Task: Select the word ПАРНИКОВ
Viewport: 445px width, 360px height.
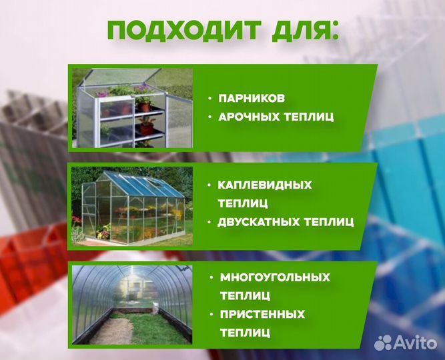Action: click(x=252, y=98)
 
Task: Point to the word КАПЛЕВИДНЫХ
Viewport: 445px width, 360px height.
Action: click(x=265, y=185)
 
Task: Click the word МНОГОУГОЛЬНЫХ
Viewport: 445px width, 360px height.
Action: click(x=274, y=277)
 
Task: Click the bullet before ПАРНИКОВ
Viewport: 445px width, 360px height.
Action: click(x=209, y=99)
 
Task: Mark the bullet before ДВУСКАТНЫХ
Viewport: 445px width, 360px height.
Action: click(x=209, y=221)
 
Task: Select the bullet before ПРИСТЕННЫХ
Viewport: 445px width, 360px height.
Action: click(x=211, y=314)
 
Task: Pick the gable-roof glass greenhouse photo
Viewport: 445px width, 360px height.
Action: click(x=132, y=203)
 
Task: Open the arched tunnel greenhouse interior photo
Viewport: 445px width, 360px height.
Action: click(x=132, y=303)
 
